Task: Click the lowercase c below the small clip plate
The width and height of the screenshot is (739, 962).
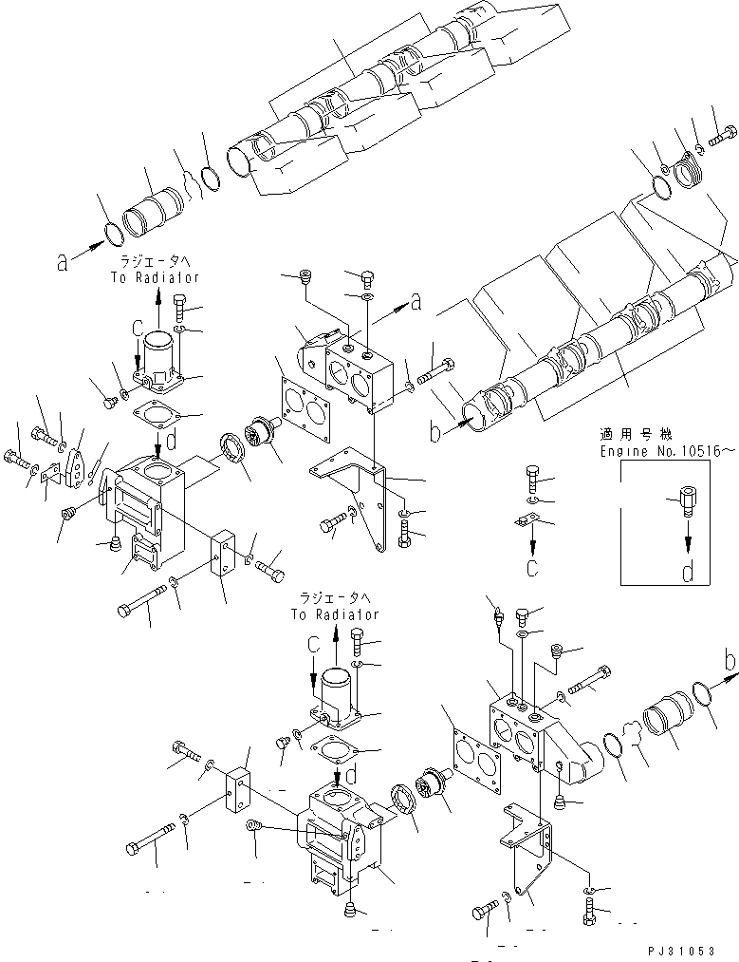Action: point(534,568)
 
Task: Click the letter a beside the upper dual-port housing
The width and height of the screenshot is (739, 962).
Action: point(415,302)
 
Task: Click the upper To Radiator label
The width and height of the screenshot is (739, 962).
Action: point(158,271)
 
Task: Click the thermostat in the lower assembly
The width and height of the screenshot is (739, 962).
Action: point(439,775)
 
